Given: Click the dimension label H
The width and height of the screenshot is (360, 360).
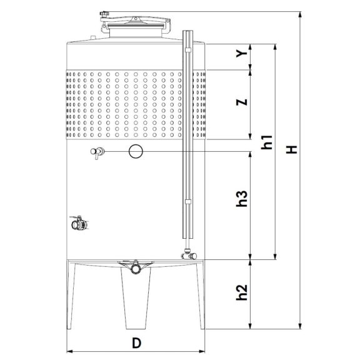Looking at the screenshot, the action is click(x=292, y=149).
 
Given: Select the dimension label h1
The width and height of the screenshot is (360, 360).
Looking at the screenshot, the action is click(x=267, y=142).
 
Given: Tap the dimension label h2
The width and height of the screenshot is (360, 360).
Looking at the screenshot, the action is click(x=242, y=292).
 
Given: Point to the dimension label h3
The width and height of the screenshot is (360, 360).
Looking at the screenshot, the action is click(x=242, y=199).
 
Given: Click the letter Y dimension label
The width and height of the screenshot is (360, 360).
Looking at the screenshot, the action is click(x=242, y=54).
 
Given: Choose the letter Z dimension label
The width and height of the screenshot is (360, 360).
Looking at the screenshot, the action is click(x=242, y=102).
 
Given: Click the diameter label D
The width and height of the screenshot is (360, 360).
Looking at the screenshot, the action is click(x=136, y=343).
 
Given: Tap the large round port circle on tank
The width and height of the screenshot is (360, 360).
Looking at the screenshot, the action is click(x=136, y=151).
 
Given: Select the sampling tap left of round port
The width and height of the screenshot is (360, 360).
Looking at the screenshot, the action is click(x=97, y=152).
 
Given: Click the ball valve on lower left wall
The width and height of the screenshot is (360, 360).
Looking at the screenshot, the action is click(x=79, y=223).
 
